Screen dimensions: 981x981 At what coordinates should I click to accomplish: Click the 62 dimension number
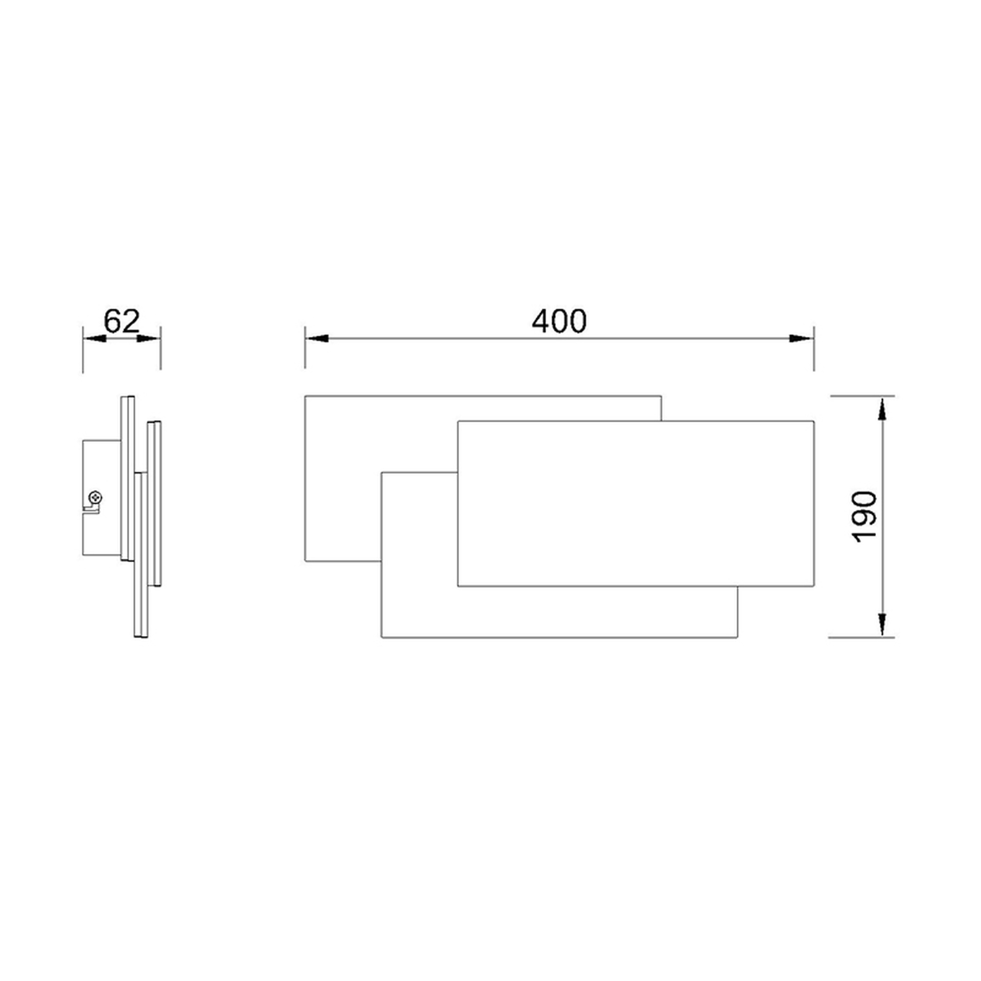(122, 321)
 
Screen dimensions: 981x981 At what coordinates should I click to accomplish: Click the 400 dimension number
(559, 322)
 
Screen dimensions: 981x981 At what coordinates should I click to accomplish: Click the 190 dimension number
(865, 517)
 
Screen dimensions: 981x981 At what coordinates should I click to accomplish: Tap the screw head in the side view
(95, 496)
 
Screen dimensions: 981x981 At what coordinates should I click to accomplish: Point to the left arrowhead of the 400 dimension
(317, 338)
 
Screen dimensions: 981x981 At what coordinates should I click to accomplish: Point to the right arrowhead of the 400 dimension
(801, 338)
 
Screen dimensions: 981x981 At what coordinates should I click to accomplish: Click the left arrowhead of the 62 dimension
(95, 338)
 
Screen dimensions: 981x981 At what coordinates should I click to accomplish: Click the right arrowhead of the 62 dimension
(149, 338)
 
